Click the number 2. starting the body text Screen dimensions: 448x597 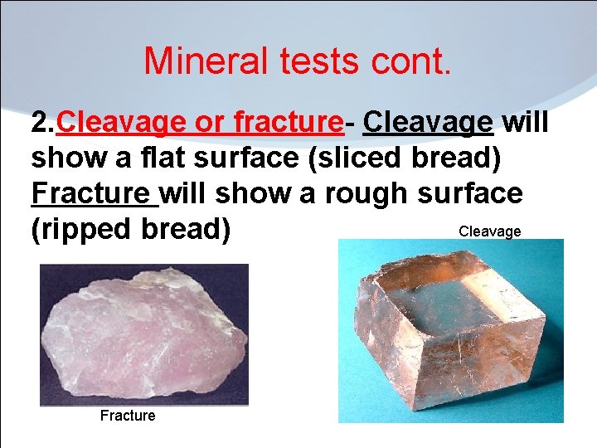pyautogui.click(x=44, y=123)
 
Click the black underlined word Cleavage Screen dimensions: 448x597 pyautogui.click(x=428, y=123)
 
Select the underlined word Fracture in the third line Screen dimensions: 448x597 pyautogui.click(x=93, y=193)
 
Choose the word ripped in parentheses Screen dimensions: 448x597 pyautogui.click(x=86, y=229)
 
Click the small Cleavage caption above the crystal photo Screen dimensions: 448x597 pyautogui.click(x=489, y=231)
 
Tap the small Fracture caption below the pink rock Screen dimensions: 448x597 pyautogui.click(x=127, y=416)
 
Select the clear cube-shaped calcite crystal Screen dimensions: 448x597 pyautogui.click(x=452, y=332)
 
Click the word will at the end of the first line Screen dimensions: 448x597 pyautogui.click(x=527, y=123)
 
